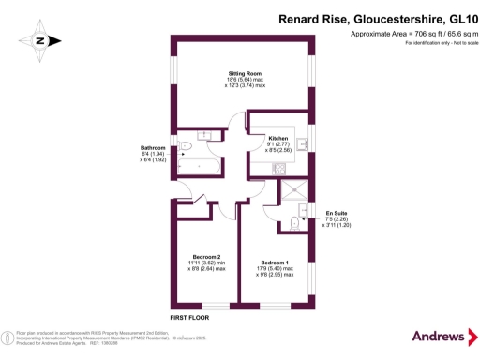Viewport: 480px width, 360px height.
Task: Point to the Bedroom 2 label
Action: point(204,257)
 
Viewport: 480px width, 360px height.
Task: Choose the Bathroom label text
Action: point(153,148)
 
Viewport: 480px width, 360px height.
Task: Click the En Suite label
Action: point(336,214)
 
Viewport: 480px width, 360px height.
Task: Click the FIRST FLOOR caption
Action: point(190,319)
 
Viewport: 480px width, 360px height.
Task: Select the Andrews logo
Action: point(438,336)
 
